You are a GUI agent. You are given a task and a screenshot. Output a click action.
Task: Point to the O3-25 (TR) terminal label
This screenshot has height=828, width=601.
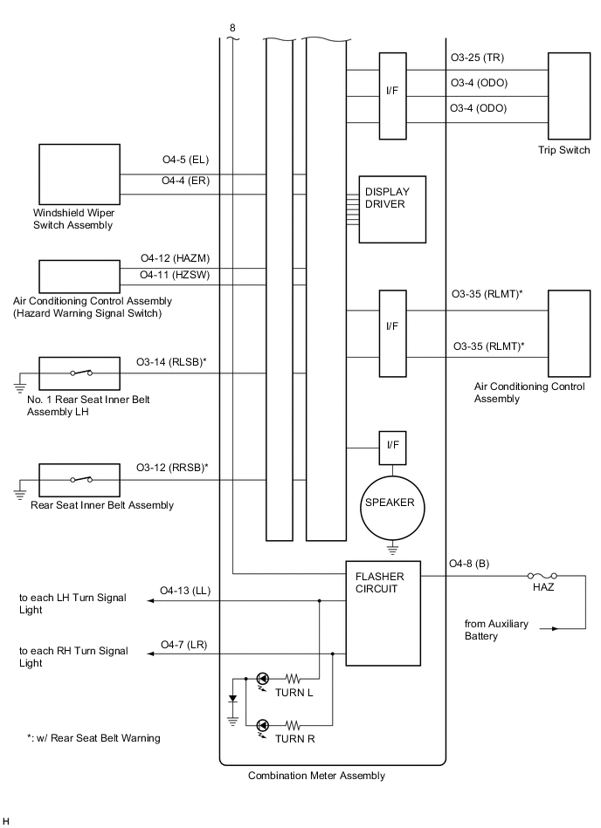pos(477,58)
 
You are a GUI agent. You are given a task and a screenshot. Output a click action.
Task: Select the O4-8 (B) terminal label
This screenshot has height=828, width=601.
pos(469,565)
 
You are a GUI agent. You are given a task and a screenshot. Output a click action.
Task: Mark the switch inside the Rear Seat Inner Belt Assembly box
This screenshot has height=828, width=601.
pos(81,479)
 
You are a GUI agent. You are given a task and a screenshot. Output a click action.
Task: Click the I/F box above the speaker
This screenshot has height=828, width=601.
pos(392,445)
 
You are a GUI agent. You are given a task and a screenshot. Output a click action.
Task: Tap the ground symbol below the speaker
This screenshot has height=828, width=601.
pos(393,550)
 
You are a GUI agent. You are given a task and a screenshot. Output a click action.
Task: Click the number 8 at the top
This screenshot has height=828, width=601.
pos(232,28)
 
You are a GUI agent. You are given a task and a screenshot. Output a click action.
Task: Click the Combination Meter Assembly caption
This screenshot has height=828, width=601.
pos(316,775)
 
